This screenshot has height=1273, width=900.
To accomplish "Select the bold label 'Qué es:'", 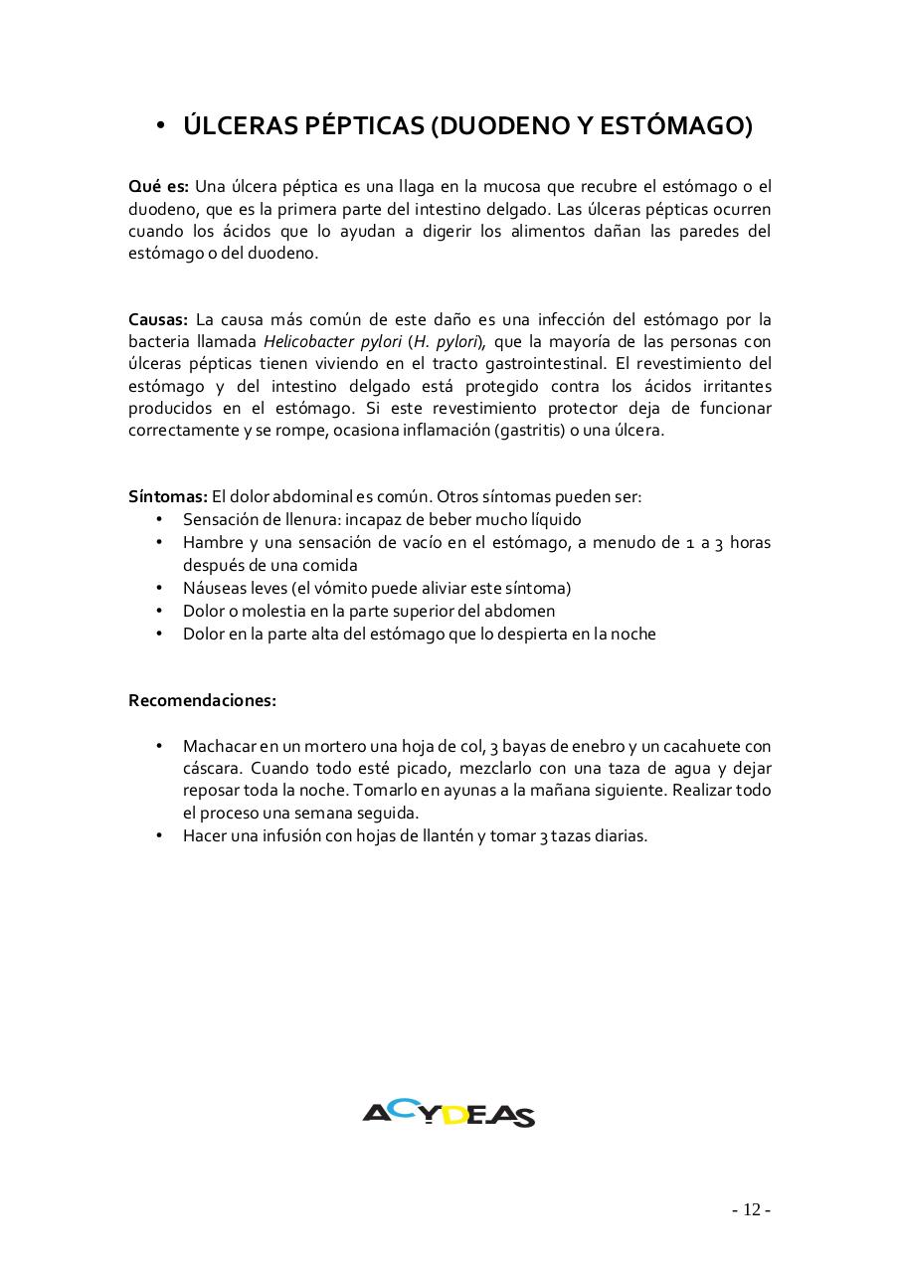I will pyautogui.click(x=158, y=186).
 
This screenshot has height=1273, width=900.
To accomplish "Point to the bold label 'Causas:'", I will pyautogui.click(x=158, y=319).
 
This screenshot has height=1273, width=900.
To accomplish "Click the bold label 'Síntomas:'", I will pyautogui.click(x=168, y=496).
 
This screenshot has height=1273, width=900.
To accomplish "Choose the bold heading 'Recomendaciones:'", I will pyautogui.click(x=202, y=700).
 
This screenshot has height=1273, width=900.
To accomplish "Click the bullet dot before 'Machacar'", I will pyautogui.click(x=159, y=746).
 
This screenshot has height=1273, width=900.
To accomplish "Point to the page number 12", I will pyautogui.click(x=751, y=1209).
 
